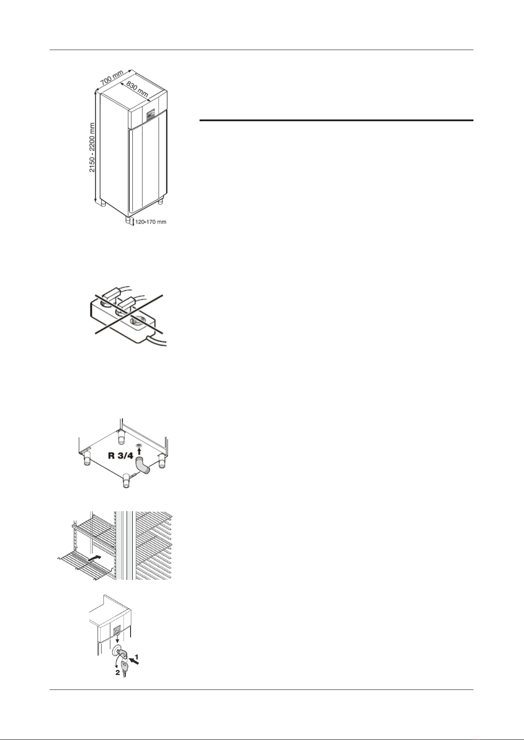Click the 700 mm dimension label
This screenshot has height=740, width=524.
tap(112, 77)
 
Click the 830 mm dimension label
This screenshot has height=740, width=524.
tap(137, 89)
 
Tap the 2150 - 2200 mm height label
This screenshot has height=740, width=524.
tap(92, 147)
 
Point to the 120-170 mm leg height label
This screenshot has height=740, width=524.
tap(151, 222)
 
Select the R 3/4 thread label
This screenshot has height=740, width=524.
tap(120, 456)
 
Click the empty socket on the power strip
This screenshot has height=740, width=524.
tap(138, 320)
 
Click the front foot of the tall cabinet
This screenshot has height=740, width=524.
tap(128, 220)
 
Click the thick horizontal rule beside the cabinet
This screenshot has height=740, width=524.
tap(337, 120)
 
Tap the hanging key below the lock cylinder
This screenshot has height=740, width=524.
tap(124, 668)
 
